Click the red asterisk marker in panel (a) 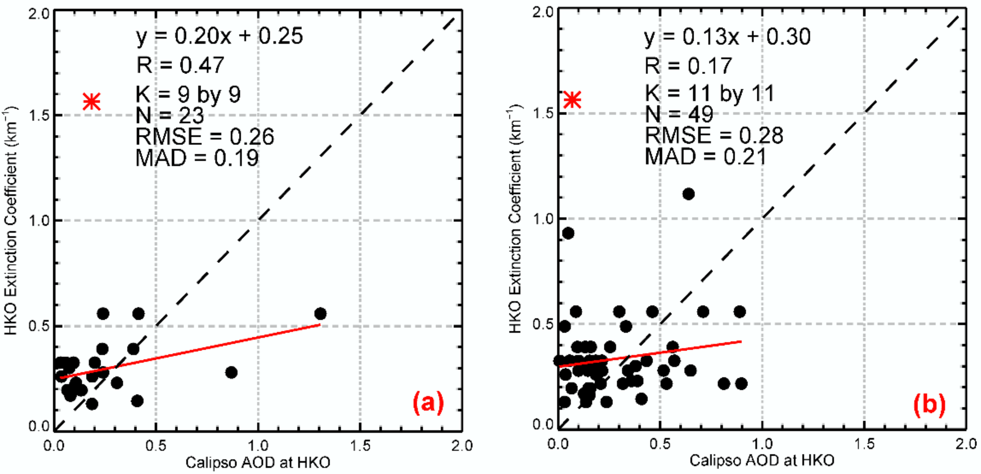click(92, 102)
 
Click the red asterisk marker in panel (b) click(572, 100)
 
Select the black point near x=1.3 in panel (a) click(320, 314)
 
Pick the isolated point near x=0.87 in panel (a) click(231, 372)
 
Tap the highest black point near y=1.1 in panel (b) click(688, 194)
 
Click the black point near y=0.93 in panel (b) click(568, 233)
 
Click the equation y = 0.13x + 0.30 click(727, 37)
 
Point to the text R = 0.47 click(181, 65)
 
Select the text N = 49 click(679, 114)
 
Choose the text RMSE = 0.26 click(205, 137)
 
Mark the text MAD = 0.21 click(705, 156)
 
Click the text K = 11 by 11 click(710, 93)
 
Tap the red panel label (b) click(929, 404)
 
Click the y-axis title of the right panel click(515, 221)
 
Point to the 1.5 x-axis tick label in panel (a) click(360, 445)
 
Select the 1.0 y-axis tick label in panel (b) click(541, 219)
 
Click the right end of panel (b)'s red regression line click(741, 341)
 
